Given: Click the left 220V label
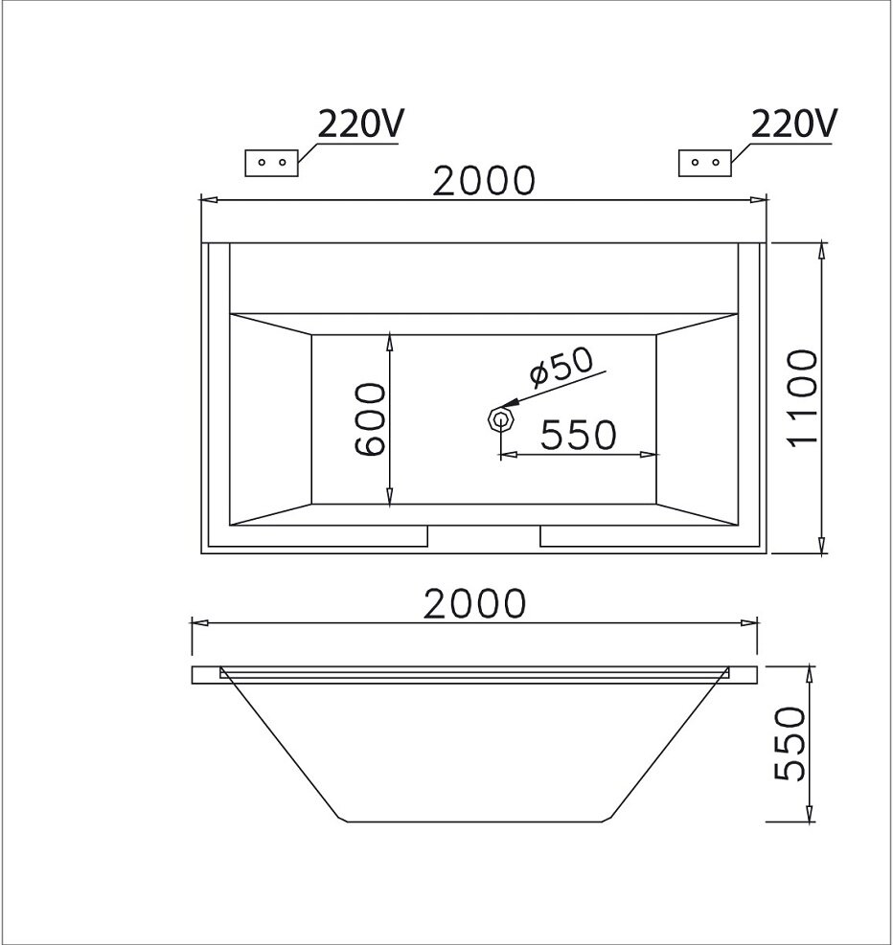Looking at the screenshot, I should [361, 125].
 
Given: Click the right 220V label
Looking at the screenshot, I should [794, 125].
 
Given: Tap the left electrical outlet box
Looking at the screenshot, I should [272, 163].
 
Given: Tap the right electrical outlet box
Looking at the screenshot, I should [705, 163].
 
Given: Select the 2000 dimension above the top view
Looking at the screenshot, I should [482, 179].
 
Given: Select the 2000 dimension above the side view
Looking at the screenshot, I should [476, 603].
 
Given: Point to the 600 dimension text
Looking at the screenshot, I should [370, 419].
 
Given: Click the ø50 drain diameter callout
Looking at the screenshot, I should [561, 365].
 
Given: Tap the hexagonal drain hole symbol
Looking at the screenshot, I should [498, 419].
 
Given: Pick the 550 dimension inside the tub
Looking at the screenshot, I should [578, 436].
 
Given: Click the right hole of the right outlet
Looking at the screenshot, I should [715, 163].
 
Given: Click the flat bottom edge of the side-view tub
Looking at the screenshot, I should [476, 821].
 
